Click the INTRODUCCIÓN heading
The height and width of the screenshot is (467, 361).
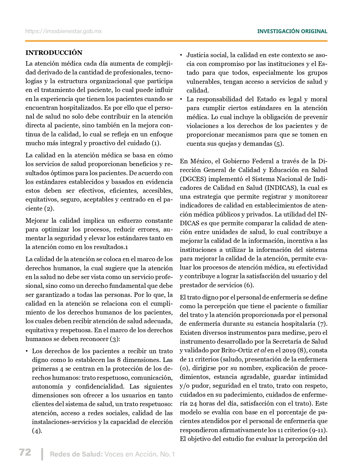click(54, 53)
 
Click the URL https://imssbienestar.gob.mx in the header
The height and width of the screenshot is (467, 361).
click(63, 31)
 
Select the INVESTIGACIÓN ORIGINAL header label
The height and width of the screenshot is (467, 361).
click(292, 31)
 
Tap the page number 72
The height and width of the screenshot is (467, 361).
click(25, 452)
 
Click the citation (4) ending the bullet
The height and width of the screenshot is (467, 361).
click(37, 431)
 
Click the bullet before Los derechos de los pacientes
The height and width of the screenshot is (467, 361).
click(27, 351)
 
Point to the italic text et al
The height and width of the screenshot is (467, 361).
click(260, 350)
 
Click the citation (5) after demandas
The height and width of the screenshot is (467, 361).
click(279, 144)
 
